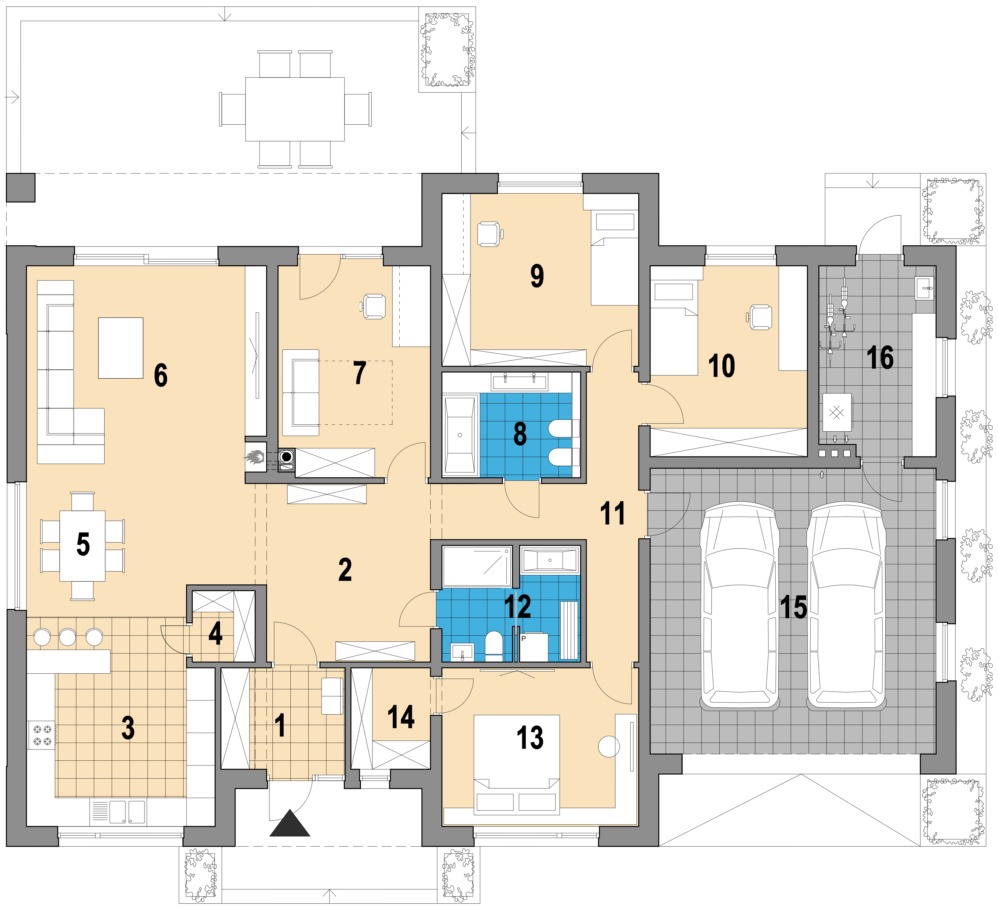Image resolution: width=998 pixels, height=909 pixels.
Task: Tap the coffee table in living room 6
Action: click(121, 348)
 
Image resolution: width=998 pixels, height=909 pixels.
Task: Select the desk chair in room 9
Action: click(490, 234)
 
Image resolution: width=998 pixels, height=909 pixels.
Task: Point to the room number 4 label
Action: click(215, 634)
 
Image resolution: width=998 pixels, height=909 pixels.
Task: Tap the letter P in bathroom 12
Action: click(523, 639)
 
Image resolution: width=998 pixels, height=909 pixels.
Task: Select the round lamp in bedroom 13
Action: click(609, 746)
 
